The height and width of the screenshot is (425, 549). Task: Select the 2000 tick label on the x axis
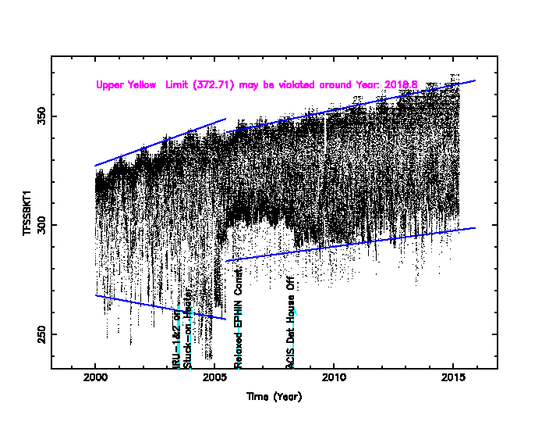point(95,379)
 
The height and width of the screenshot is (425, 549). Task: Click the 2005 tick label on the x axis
point(214,379)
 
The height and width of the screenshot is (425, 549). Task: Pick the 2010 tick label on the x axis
point(334,379)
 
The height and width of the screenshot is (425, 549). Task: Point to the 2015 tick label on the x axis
point(453,379)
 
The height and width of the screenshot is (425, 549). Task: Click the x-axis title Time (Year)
point(274,396)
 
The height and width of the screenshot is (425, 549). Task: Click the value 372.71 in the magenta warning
point(211,84)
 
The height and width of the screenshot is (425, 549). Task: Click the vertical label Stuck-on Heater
point(187,330)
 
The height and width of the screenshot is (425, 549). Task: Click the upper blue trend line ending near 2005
point(160,142)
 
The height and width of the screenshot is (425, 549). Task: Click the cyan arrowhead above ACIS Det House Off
point(295,311)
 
